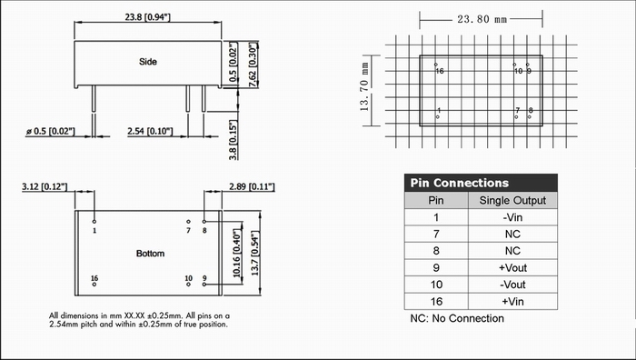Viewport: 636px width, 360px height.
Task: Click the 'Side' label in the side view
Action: (147, 62)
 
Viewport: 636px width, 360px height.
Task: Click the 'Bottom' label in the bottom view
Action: (150, 254)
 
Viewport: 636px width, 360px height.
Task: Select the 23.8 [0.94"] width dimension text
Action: (147, 17)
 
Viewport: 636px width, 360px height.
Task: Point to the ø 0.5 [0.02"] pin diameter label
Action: (51, 132)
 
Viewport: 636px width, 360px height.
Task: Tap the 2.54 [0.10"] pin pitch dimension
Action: (150, 132)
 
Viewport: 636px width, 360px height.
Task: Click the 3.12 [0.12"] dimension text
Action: (45, 186)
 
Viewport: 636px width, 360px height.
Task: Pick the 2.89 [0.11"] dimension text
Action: (252, 186)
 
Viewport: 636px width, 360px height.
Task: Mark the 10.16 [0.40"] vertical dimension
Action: (237, 254)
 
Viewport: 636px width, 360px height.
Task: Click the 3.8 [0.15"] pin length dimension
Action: (233, 140)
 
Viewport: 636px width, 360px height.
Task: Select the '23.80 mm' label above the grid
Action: (482, 19)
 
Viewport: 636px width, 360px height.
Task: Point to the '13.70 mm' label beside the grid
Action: (364, 87)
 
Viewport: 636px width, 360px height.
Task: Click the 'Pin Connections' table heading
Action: (459, 183)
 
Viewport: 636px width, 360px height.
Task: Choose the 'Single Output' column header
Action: (512, 201)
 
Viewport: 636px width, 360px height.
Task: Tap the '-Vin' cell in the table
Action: (512, 217)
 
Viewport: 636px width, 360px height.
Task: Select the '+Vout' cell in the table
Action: (512, 268)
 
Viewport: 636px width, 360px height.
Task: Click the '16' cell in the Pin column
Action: (436, 302)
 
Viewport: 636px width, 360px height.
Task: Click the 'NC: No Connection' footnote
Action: (457, 318)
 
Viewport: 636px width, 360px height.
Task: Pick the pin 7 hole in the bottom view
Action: (188, 222)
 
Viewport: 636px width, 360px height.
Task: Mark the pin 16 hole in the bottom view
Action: (94, 285)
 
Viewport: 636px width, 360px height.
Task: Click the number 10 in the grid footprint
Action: (519, 72)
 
